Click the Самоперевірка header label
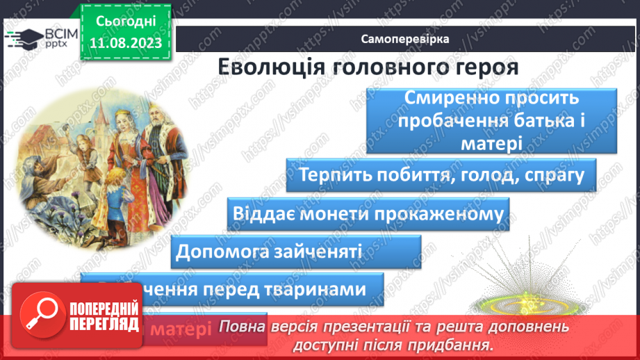pyautogui.click(x=404, y=39)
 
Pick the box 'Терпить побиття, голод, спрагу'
pyautogui.click(x=441, y=174)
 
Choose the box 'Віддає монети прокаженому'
pyautogui.click(x=368, y=213)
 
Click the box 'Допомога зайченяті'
pyautogui.click(x=296, y=251)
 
